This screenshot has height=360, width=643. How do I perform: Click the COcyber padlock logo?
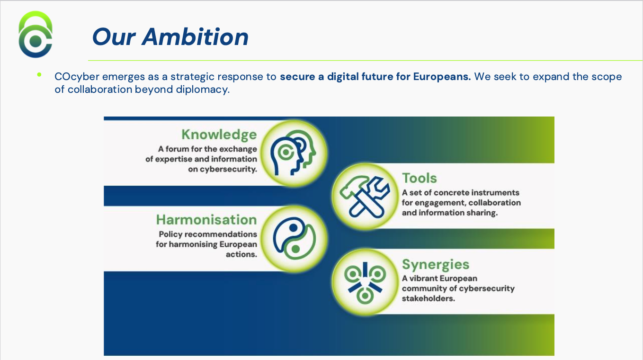36,35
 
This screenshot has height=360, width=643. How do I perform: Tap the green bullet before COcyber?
39,74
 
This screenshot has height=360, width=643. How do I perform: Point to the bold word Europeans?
442,77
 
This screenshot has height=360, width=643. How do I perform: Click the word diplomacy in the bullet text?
206,90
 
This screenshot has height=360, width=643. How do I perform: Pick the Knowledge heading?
219,135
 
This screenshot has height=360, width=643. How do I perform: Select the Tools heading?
419,178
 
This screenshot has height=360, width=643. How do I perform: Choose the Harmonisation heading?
206,220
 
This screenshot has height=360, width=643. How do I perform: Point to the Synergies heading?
436,264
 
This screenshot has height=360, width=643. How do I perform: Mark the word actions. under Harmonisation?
241,254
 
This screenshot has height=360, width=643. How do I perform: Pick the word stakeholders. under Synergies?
429,298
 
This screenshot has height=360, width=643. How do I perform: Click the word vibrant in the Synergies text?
424,279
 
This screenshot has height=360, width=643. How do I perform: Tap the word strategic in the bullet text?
192,77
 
